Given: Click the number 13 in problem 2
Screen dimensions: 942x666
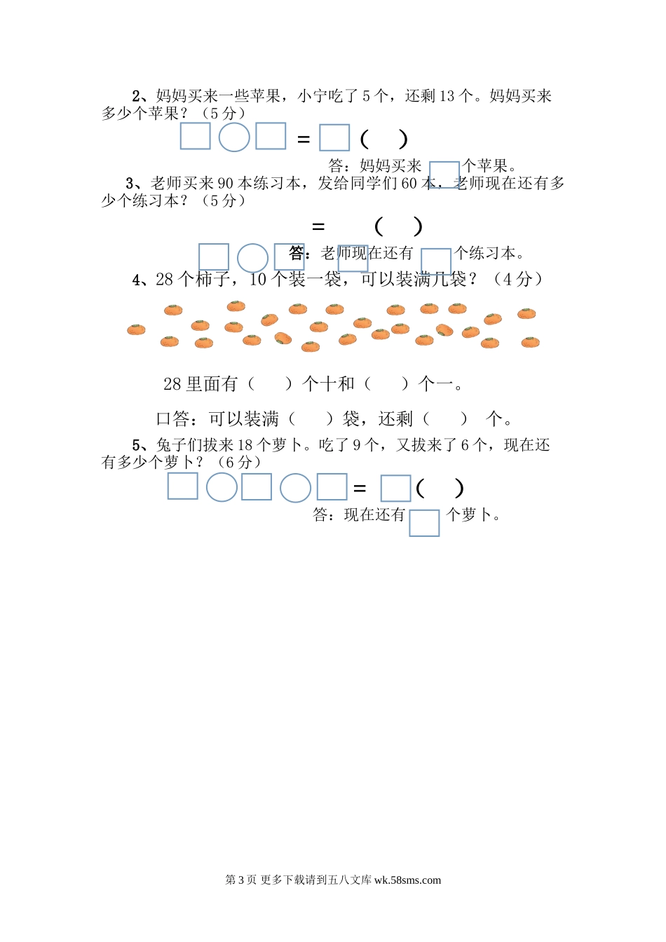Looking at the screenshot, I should (447, 96).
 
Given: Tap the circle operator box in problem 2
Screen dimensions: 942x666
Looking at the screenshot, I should (234, 137).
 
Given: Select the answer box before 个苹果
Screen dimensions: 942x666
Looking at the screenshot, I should (444, 175).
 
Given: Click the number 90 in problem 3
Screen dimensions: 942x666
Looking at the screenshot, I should (225, 184).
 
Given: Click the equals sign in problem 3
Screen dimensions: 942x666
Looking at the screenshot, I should (318, 226).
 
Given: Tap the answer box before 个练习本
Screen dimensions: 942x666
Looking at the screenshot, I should (435, 261).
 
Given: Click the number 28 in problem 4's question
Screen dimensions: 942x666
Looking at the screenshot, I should (164, 280).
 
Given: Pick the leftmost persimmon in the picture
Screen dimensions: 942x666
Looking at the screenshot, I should (136, 329).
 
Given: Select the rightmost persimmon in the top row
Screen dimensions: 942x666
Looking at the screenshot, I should (526, 314).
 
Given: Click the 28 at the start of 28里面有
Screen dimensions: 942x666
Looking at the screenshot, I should (172, 384).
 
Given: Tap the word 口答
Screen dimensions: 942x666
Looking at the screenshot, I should (172, 419).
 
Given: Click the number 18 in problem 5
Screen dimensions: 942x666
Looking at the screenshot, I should (245, 446).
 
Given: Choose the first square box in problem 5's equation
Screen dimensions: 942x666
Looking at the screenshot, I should (183, 486).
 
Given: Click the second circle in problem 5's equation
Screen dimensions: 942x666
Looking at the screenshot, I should (295, 488).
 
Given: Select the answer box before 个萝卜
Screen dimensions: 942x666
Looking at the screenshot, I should (424, 523).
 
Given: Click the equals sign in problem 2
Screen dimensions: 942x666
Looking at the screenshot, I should (304, 139).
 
